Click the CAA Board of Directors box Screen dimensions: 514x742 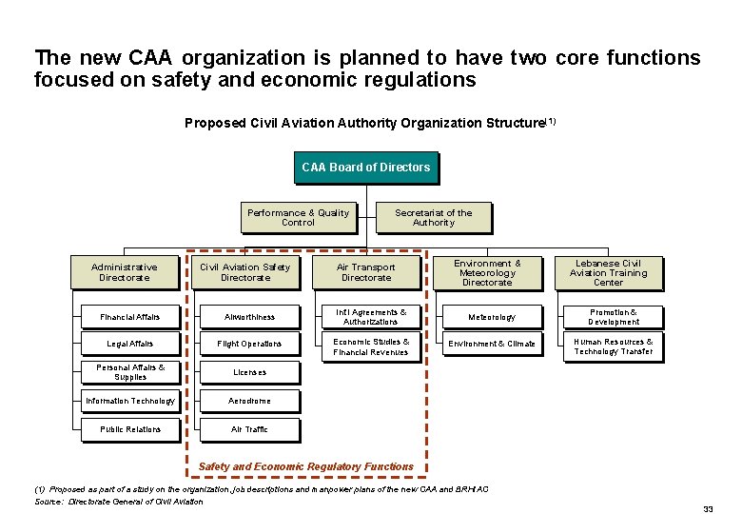coord(365,168)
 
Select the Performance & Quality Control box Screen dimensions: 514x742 coord(298,218)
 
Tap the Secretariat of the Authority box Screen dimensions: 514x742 coord(434,218)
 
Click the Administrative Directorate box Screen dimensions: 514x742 coord(125,272)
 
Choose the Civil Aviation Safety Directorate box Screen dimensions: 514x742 coord(245,272)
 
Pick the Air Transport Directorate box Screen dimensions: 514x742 coord(366,272)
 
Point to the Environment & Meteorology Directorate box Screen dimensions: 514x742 coord(487,272)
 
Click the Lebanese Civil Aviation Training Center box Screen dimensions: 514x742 coord(608,272)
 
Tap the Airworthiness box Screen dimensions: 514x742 coord(249,317)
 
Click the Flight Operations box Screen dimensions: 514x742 coord(249,344)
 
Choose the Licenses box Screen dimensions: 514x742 coord(249,372)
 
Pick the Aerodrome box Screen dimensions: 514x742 coord(249,401)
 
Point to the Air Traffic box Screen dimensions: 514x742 coord(249,429)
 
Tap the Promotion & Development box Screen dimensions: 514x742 coord(614,317)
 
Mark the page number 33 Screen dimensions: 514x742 coord(708,508)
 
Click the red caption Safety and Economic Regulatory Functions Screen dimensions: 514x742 coord(306,466)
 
